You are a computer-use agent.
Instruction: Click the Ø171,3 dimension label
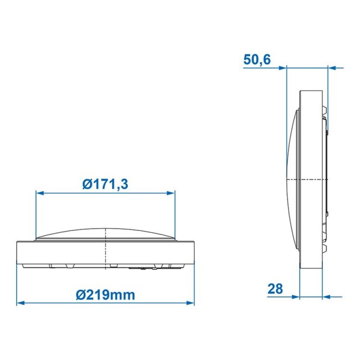click(105, 183)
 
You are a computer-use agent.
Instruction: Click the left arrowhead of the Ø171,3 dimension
click(39, 193)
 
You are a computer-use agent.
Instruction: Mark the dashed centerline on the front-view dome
click(105, 233)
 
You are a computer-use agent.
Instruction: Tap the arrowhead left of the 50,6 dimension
click(282, 69)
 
